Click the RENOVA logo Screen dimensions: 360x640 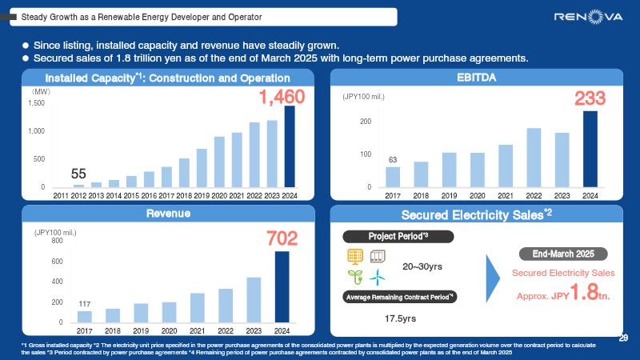pos(587,17)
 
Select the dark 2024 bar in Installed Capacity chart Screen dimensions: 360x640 pos(290,146)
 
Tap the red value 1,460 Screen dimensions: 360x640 pos(282,97)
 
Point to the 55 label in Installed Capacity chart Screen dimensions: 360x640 pos(78,174)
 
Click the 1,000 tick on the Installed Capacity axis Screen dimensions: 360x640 pos(37,131)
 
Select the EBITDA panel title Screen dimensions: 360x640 pos(476,78)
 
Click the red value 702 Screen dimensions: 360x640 pos(282,238)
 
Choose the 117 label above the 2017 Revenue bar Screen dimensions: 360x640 pos(84,303)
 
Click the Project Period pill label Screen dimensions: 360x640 pos(398,236)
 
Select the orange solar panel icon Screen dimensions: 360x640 pos(354,256)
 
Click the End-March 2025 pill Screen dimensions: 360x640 pos(562,254)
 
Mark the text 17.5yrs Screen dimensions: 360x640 pos(400,318)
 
